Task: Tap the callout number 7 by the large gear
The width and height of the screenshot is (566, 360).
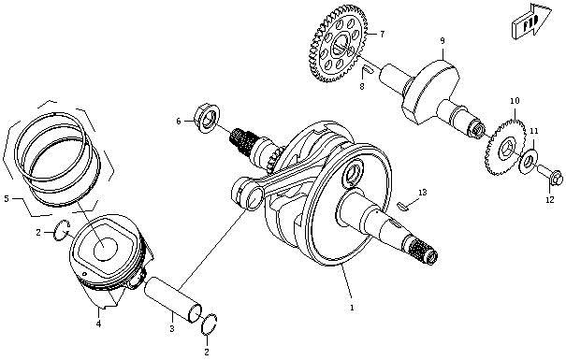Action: click(x=381, y=34)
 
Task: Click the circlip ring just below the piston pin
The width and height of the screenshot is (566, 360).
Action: click(x=210, y=324)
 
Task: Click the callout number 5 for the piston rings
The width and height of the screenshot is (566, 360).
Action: click(x=7, y=198)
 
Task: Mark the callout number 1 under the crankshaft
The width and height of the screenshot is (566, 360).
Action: click(x=351, y=306)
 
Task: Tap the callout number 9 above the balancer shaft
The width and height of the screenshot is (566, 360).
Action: click(x=443, y=41)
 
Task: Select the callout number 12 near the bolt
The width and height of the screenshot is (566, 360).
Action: click(x=549, y=200)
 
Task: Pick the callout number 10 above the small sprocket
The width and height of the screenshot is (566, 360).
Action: click(x=514, y=100)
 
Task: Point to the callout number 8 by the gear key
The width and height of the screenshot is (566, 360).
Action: click(x=361, y=87)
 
